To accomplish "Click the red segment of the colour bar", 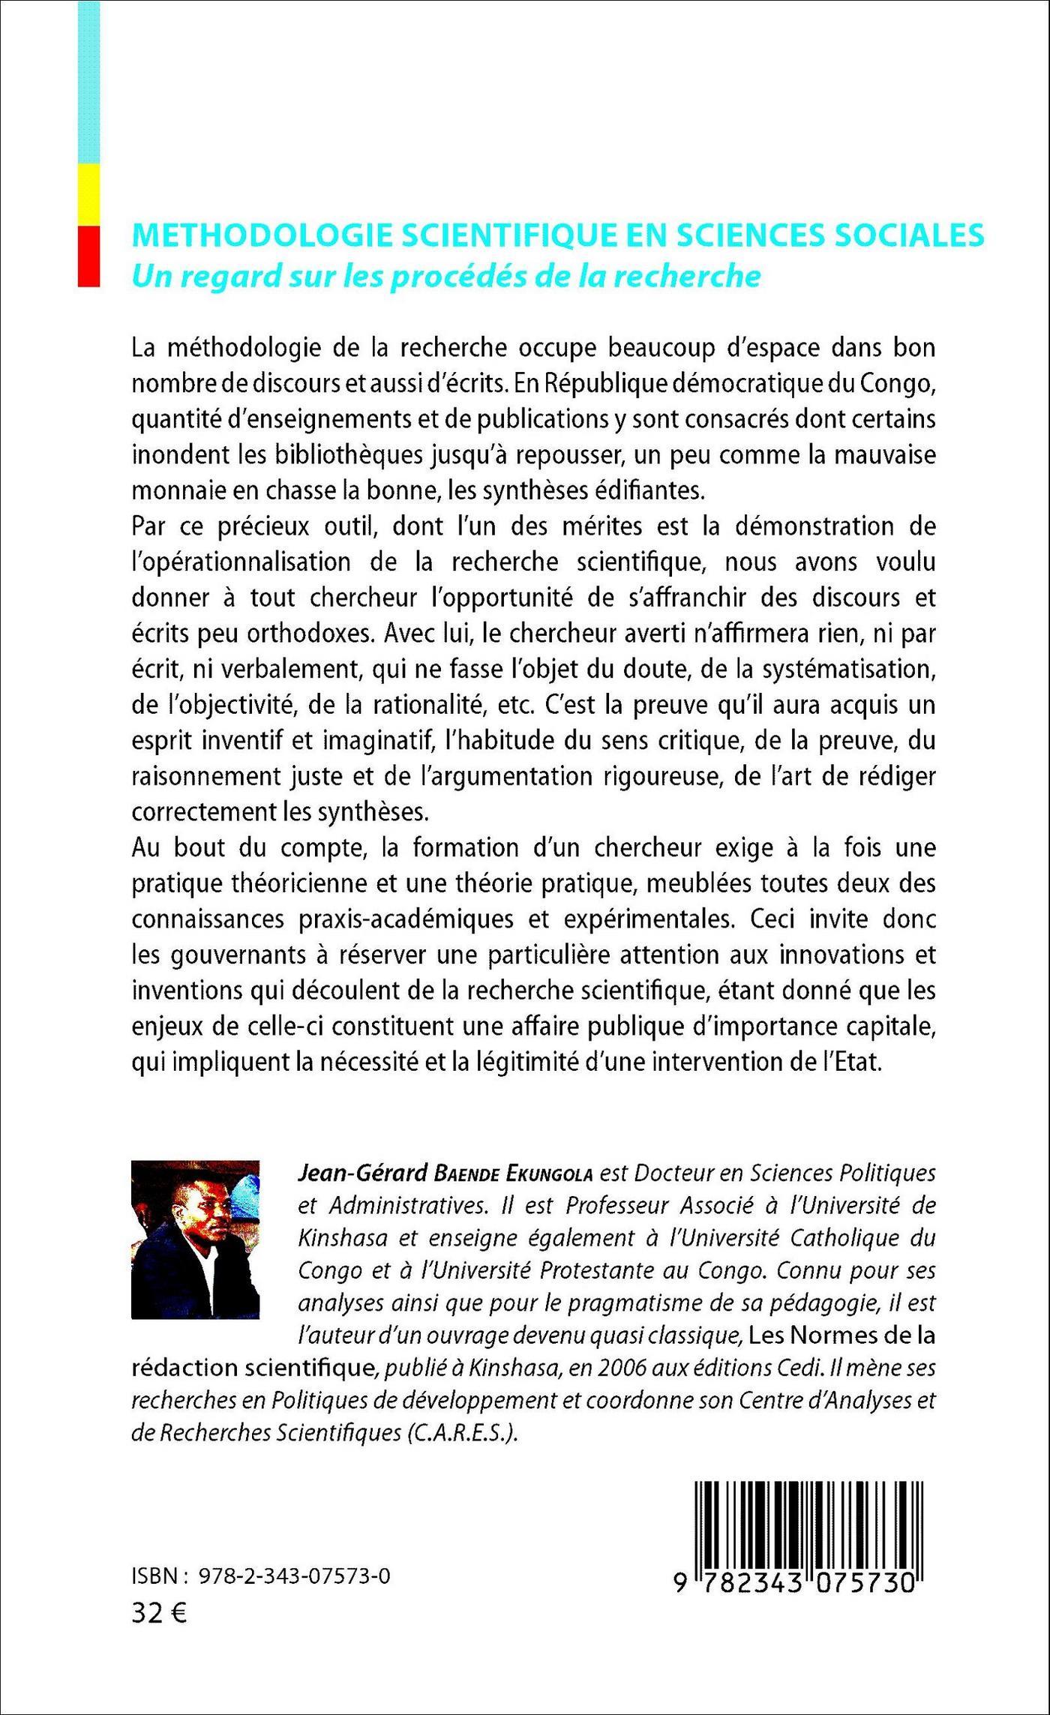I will click(88, 256).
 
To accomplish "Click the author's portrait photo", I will click(195, 1240).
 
